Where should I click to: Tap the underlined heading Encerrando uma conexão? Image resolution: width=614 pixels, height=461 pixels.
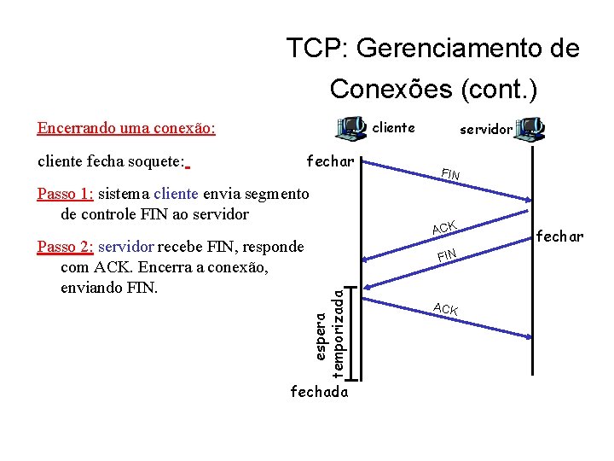click(126, 128)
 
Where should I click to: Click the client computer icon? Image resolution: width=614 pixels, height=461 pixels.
click(350, 129)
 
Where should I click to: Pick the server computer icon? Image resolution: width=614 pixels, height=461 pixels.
click(530, 129)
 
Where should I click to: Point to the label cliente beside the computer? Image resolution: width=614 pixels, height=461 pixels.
click(394, 128)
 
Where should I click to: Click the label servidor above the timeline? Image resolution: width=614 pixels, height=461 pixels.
click(486, 130)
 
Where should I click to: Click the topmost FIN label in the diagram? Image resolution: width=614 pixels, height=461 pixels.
click(450, 175)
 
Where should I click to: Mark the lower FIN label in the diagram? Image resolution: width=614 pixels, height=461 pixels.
click(448, 254)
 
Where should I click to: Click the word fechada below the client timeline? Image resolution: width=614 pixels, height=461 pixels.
click(320, 392)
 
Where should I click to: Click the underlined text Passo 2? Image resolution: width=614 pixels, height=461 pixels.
click(65, 247)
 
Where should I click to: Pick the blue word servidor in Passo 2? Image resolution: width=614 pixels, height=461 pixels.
click(125, 247)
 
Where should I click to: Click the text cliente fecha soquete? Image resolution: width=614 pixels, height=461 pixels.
click(111, 160)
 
